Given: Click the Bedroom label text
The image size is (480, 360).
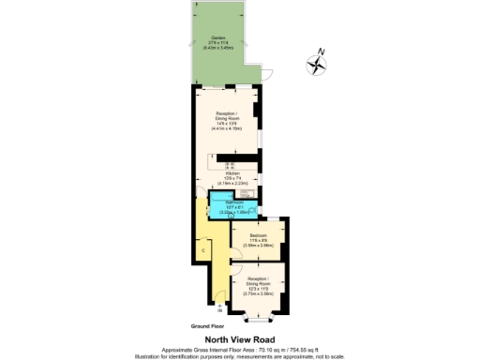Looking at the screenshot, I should coord(257,234).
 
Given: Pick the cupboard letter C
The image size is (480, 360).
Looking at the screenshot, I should coord(203,252).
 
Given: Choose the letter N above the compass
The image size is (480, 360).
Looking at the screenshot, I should coord(321,52).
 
